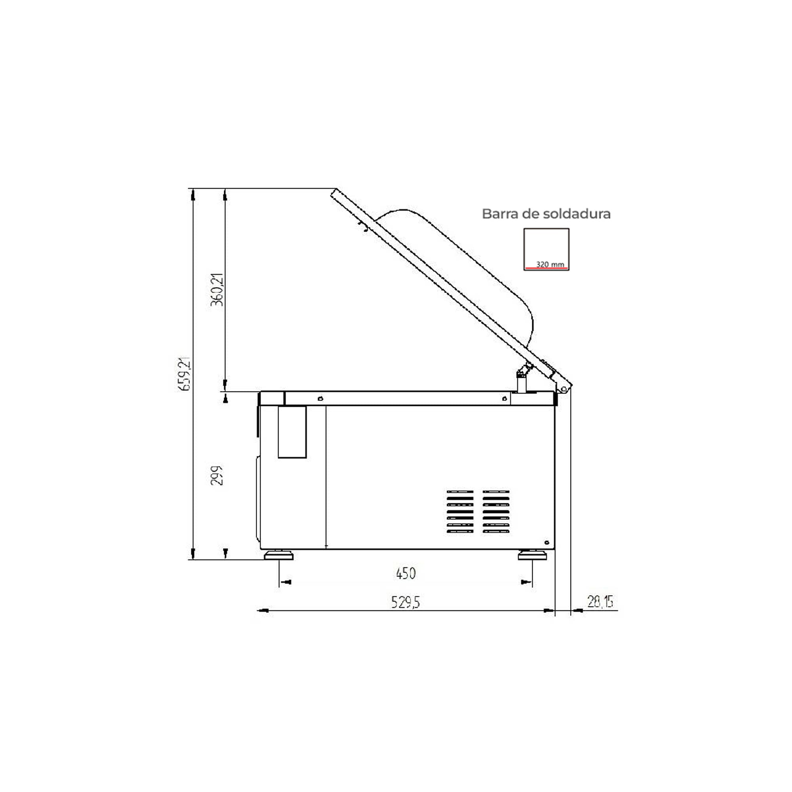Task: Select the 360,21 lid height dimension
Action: (x=217, y=290)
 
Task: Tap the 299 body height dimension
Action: (x=217, y=476)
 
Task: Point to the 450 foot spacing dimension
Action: (x=406, y=573)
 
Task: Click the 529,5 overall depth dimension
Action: (x=406, y=603)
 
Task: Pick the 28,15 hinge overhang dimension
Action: (x=600, y=602)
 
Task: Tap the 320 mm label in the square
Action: (x=550, y=265)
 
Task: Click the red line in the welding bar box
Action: (x=546, y=268)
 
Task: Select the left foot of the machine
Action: (x=279, y=555)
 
